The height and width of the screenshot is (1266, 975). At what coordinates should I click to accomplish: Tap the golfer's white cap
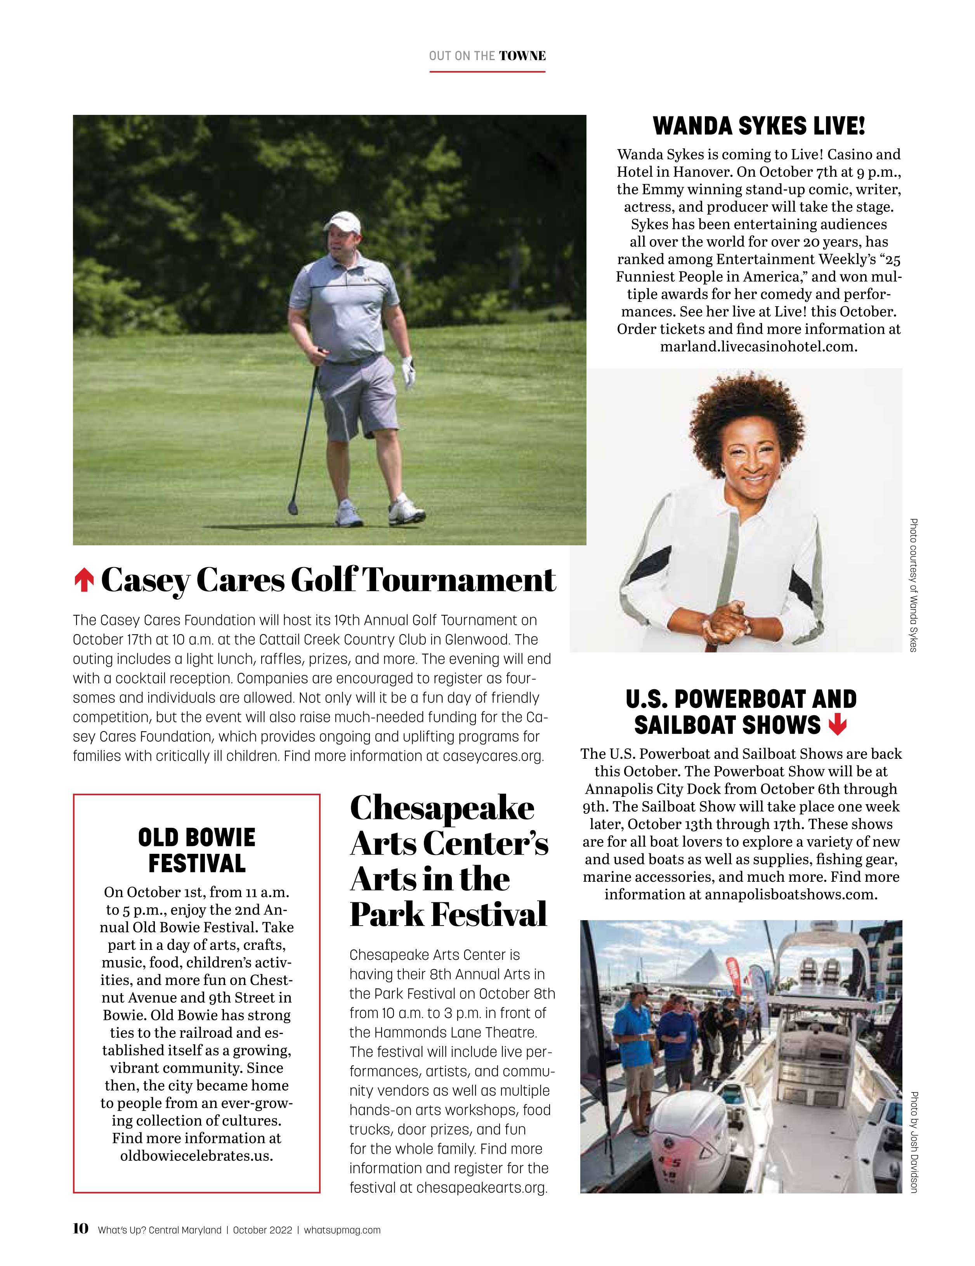coord(342,221)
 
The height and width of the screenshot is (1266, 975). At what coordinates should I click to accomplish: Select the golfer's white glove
coord(409,371)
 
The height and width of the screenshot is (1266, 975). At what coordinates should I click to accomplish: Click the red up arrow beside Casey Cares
coord(84,580)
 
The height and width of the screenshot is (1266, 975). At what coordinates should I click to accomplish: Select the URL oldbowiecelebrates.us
coord(196,1155)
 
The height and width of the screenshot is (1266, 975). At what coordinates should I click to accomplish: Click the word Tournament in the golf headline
coord(459,580)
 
